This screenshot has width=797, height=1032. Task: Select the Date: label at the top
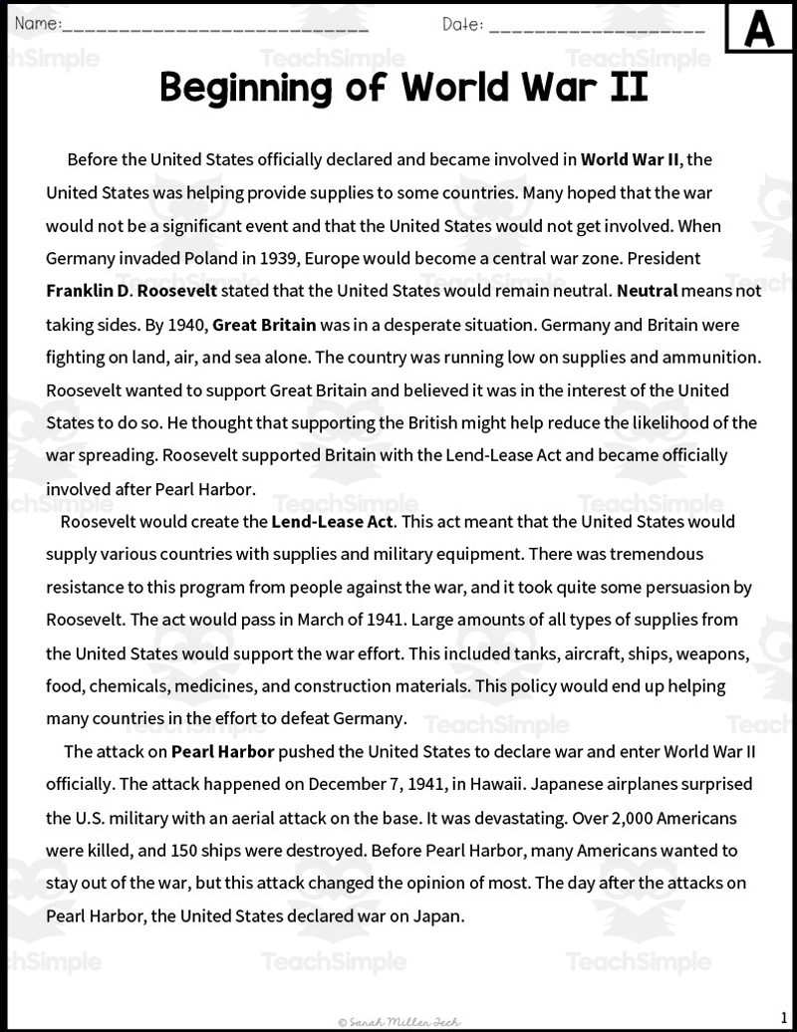pyautogui.click(x=463, y=24)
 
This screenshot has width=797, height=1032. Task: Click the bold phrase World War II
pyautogui.click(x=631, y=158)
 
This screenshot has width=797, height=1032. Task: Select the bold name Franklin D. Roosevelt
pyautogui.click(x=132, y=291)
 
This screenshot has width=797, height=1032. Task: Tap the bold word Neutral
pyautogui.click(x=648, y=291)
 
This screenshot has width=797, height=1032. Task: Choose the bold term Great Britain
pyautogui.click(x=264, y=324)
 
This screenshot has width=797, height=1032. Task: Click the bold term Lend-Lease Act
pyautogui.click(x=333, y=521)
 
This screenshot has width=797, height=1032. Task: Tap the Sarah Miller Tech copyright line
pyautogui.click(x=399, y=1021)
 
